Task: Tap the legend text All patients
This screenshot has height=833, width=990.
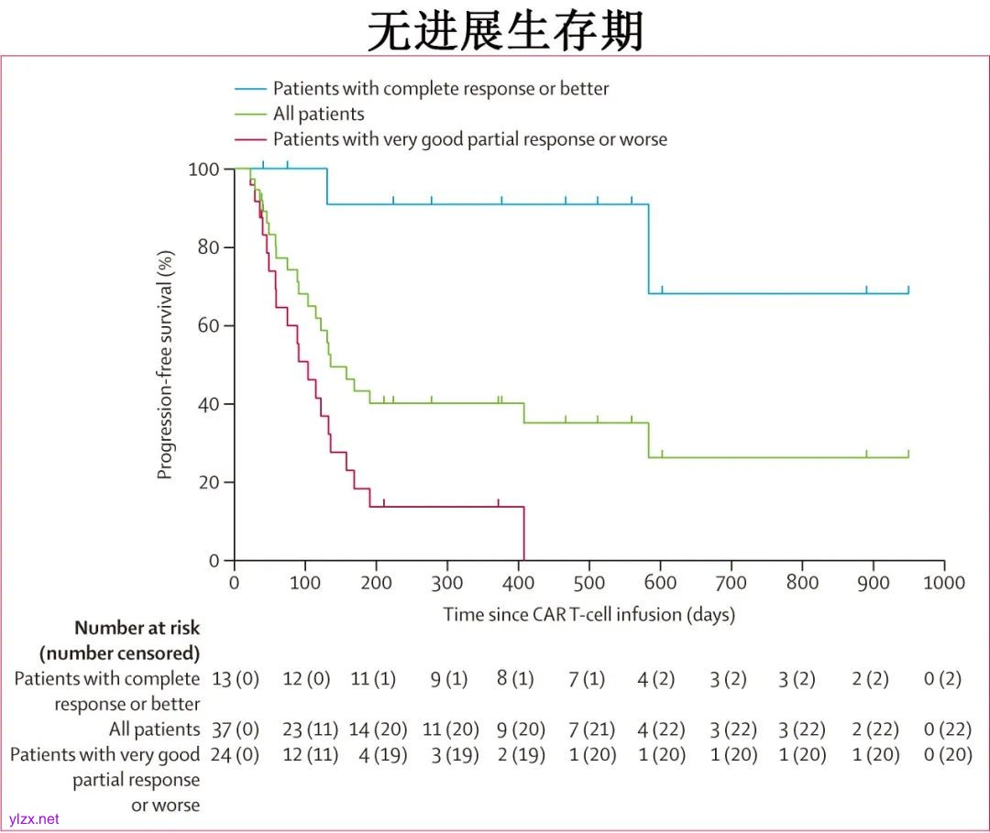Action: pyautogui.click(x=318, y=115)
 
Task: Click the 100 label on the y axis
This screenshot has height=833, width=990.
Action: pyautogui.click(x=203, y=170)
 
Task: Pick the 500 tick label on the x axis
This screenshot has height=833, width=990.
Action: pyautogui.click(x=518, y=583)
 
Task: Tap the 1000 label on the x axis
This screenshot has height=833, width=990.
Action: pyautogui.click(x=943, y=583)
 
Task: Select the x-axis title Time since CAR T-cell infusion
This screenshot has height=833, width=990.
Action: pyautogui.click(x=589, y=614)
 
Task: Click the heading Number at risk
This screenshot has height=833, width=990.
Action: pyautogui.click(x=137, y=629)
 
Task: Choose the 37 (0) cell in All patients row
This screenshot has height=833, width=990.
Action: pyautogui.click(x=236, y=730)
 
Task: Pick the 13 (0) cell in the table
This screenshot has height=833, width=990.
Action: pyautogui.click(x=236, y=680)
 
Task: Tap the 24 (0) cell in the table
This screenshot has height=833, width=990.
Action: pyautogui.click(x=236, y=755)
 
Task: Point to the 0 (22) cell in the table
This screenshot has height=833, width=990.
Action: pyautogui.click(x=948, y=730)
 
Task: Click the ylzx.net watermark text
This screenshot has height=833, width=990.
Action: pyautogui.click(x=34, y=818)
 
